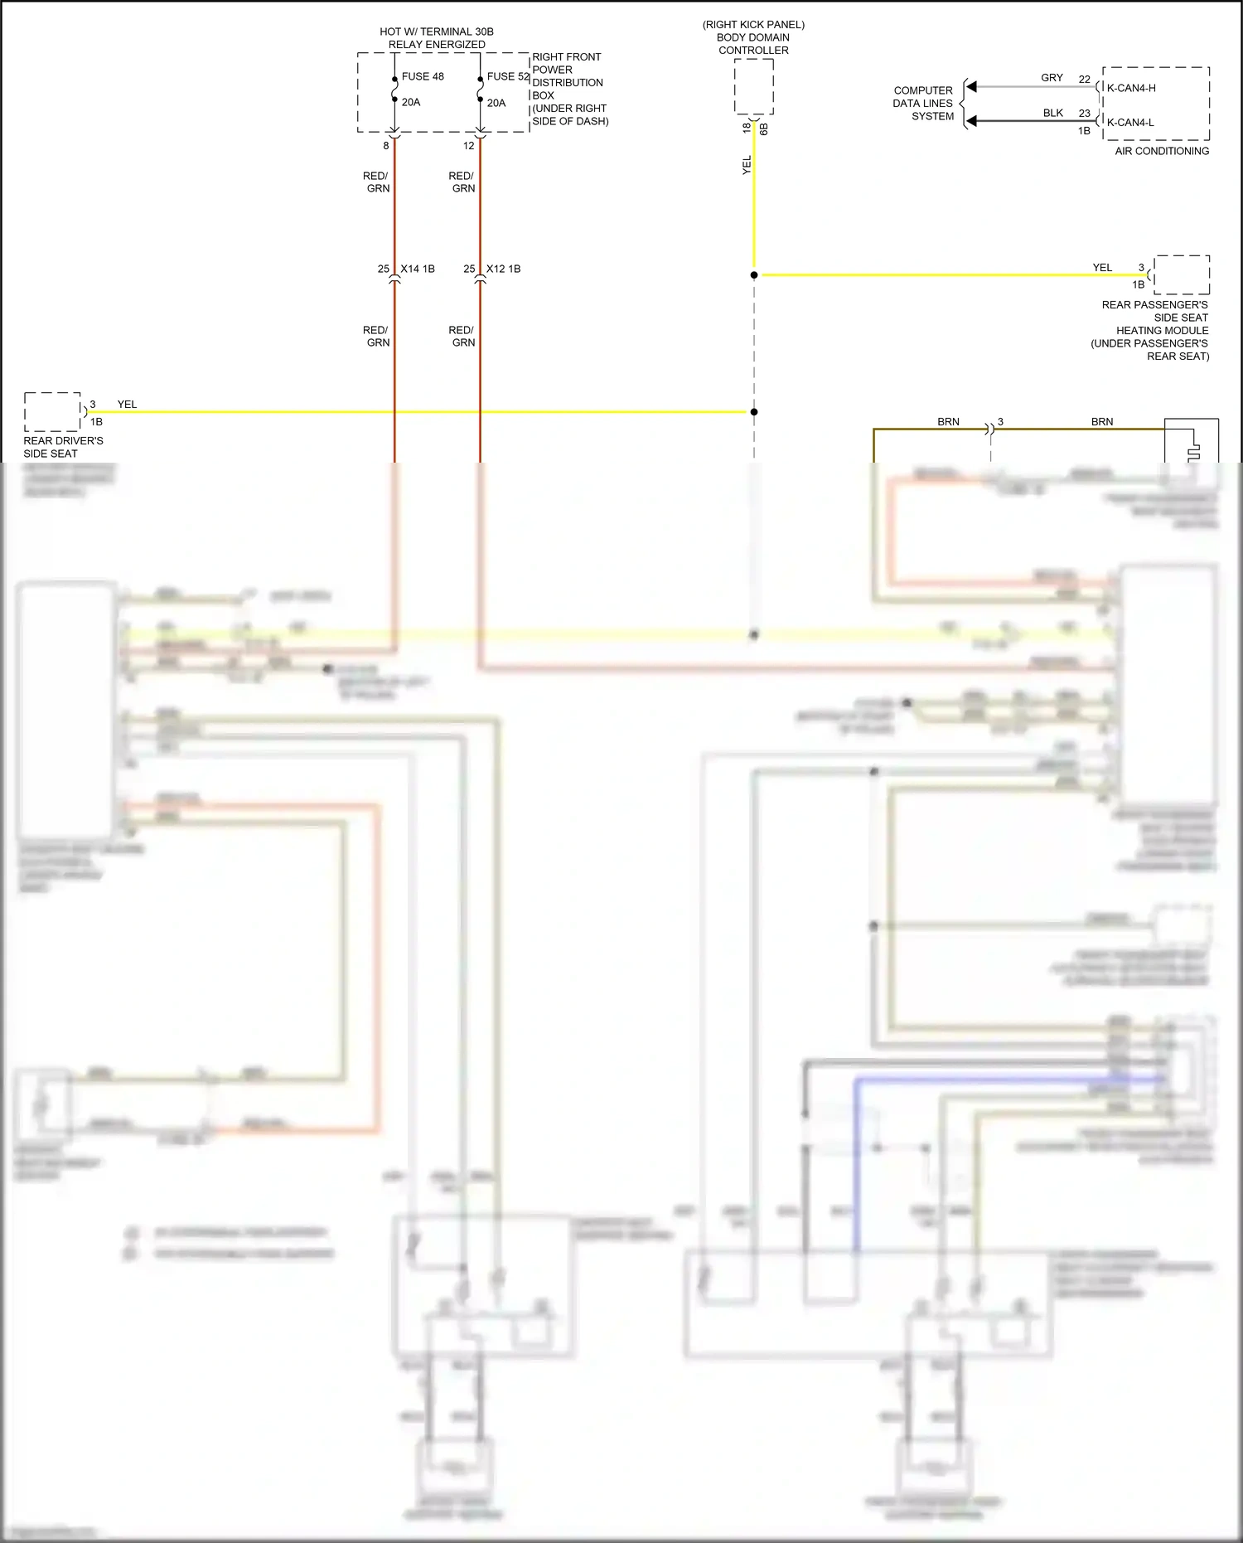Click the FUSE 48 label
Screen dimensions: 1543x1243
click(x=423, y=76)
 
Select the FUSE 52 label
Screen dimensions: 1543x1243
click(x=507, y=76)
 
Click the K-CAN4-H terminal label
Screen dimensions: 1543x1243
click(x=1131, y=88)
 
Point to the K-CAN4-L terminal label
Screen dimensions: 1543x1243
click(x=1130, y=122)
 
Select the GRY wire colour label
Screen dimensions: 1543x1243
click(x=1052, y=77)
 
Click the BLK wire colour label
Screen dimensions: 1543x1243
click(x=1052, y=113)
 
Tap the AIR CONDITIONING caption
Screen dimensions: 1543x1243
click(x=1162, y=151)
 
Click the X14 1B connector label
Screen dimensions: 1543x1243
click(x=418, y=269)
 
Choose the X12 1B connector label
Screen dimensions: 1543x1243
click(x=504, y=269)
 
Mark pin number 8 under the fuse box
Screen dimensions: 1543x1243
click(x=386, y=146)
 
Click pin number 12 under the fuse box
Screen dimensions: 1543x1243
click(x=469, y=146)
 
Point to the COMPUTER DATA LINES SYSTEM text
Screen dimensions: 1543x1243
click(x=923, y=104)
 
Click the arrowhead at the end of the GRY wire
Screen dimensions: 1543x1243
click(x=971, y=86)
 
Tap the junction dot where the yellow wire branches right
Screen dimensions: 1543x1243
click(x=754, y=274)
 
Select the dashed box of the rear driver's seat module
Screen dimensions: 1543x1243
click(x=52, y=411)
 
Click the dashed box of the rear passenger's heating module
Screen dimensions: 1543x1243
click(x=1182, y=274)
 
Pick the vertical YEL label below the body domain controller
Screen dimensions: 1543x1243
click(x=747, y=165)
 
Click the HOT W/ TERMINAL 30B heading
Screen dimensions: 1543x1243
click(x=437, y=32)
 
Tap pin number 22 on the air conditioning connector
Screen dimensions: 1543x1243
click(x=1084, y=79)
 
